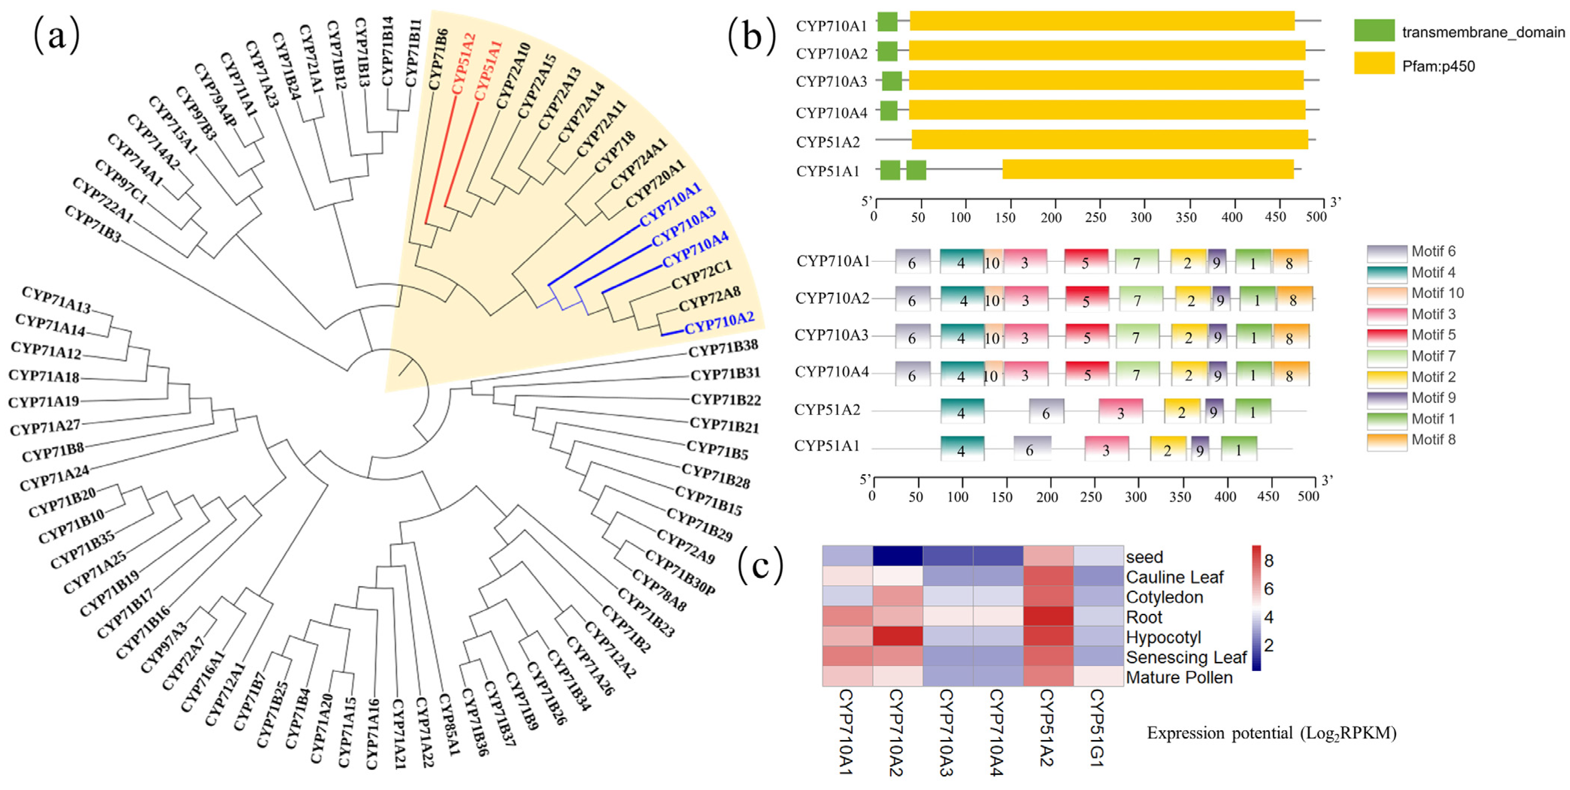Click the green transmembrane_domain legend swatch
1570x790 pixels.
coord(1374,30)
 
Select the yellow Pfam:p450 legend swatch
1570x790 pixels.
coord(1374,63)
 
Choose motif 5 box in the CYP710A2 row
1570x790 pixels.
coord(1086,299)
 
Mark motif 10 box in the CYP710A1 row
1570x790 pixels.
coord(992,261)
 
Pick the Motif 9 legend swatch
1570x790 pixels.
coord(1387,399)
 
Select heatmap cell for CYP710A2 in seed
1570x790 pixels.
coord(897,556)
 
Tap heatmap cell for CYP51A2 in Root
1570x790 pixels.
coord(1048,616)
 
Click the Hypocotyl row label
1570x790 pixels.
coord(1163,637)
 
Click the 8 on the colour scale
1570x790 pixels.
coord(1268,560)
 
